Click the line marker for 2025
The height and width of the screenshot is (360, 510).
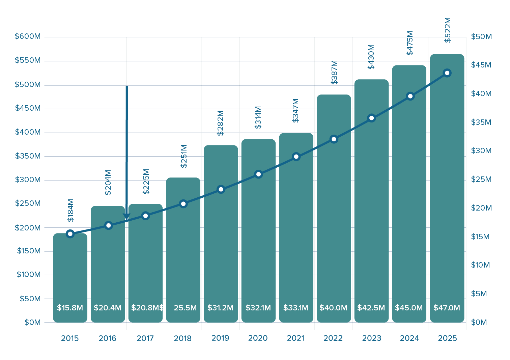click(x=447, y=73)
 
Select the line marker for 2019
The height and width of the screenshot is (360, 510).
click(x=221, y=189)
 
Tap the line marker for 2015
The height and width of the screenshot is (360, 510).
click(x=70, y=233)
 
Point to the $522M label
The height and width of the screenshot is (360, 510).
click(x=448, y=30)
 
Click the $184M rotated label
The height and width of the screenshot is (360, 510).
click(x=70, y=211)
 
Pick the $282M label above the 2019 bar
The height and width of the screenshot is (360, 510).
click(x=220, y=123)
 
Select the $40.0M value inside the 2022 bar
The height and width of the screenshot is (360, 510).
click(x=333, y=308)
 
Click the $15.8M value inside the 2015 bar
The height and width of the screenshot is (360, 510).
click(x=70, y=308)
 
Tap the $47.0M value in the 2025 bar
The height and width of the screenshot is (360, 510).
click(x=447, y=308)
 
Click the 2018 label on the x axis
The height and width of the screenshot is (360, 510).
click(x=183, y=338)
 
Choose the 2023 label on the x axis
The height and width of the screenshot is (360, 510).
click(x=371, y=338)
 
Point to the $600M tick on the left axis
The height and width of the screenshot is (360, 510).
click(x=28, y=36)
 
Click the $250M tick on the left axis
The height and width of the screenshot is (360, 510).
click(x=28, y=203)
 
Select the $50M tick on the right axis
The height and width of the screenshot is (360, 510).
click(x=481, y=36)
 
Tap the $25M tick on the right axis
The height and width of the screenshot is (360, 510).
click(x=481, y=179)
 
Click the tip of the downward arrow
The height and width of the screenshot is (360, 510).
click(x=126, y=220)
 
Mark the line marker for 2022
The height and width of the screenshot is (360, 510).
click(x=334, y=139)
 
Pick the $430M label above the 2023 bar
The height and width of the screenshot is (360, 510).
click(x=371, y=57)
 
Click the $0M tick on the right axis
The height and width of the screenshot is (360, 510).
click(x=479, y=322)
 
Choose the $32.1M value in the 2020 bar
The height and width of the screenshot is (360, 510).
click(x=258, y=308)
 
